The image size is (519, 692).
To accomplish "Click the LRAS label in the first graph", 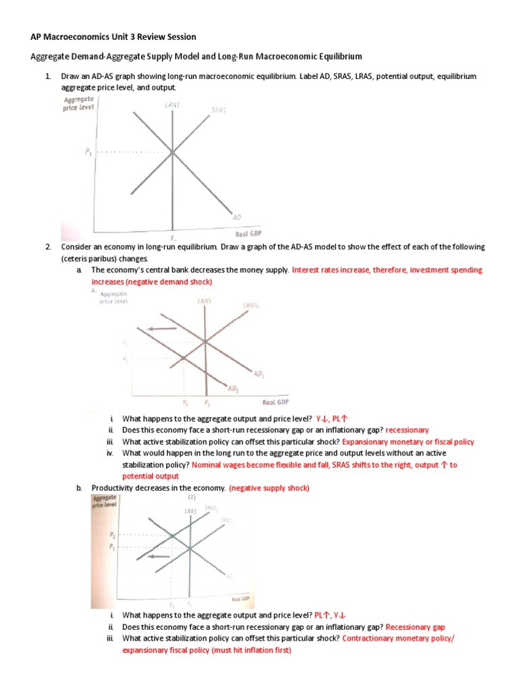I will [172, 105].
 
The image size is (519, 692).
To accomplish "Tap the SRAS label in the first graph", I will [218, 109].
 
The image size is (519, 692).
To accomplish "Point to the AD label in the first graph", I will [237, 217].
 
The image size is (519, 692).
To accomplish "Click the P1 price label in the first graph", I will [89, 153].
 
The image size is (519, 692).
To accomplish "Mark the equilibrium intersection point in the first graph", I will [172, 153].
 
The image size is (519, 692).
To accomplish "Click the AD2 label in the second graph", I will [232, 389].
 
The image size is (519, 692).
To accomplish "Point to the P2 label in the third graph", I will [112, 534].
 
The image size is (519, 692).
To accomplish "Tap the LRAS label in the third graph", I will [190, 511].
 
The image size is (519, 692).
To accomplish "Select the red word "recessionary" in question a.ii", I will [407, 430].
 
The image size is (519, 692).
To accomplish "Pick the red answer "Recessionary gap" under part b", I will [415, 627].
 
